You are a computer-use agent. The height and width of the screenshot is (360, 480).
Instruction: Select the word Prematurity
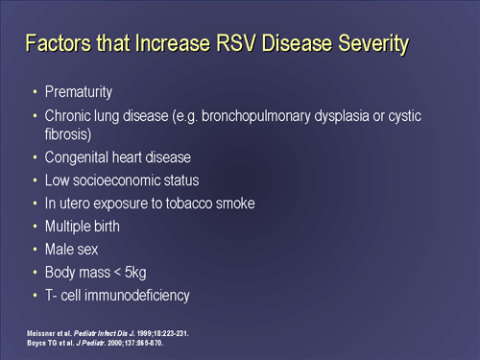click(79, 93)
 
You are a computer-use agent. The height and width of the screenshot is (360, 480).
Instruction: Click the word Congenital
click(80, 157)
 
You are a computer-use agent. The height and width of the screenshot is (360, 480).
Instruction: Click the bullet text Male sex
click(72, 250)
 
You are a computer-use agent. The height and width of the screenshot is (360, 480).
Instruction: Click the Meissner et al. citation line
click(107, 332)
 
